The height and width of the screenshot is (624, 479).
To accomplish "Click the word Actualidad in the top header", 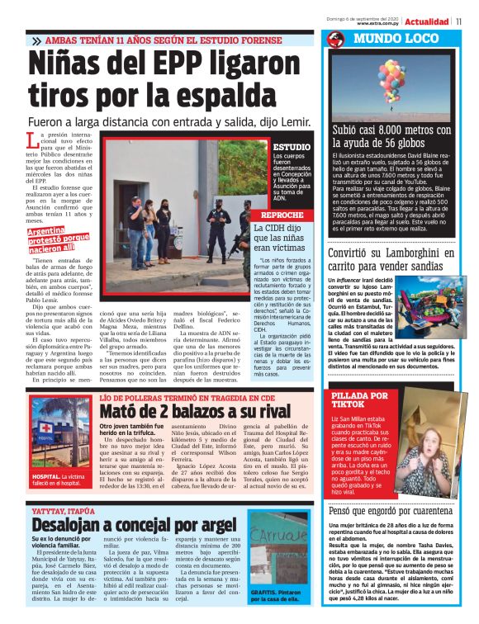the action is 427,21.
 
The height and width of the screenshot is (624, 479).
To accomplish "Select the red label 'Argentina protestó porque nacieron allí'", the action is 59,239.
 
